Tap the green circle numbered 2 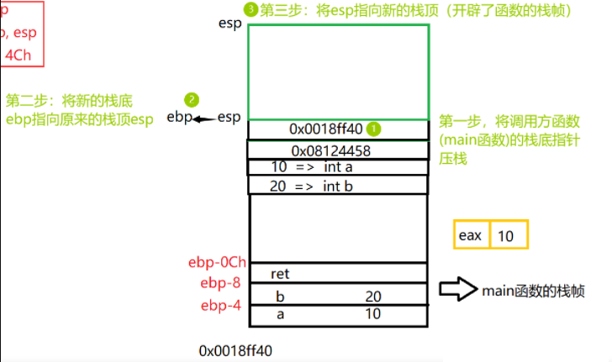[x=193, y=99]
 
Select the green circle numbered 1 [x=375, y=129]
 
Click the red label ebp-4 [x=221, y=305]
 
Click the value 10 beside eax [x=507, y=235]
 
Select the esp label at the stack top [x=229, y=24]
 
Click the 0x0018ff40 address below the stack [x=235, y=349]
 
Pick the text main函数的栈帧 [x=532, y=291]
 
